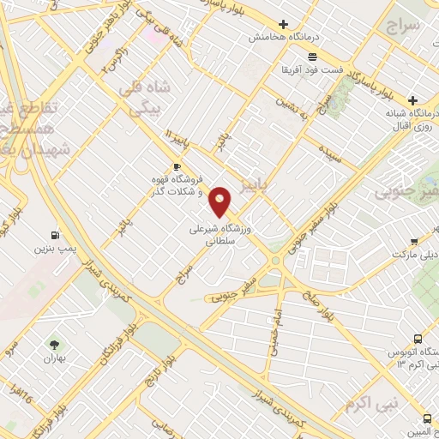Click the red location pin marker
coord(220,201)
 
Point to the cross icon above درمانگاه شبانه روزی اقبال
coord(412,99)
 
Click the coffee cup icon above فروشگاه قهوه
coord(177,166)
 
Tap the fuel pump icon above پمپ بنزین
coord(56,235)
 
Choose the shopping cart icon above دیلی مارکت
coord(413,241)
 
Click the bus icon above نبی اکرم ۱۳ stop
coord(417,339)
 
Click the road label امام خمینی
coord(274,322)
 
